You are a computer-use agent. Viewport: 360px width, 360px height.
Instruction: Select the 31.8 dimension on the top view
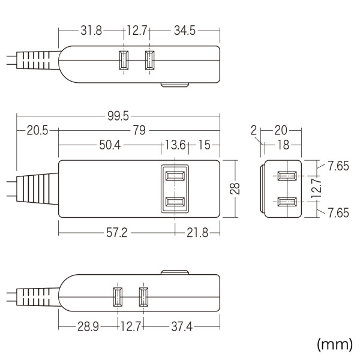point(91,29)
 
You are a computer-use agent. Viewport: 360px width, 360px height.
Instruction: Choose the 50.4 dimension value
point(109,145)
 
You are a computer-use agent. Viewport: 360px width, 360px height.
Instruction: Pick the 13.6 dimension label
point(174,145)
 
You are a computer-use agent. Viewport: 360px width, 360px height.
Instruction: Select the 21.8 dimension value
point(196,232)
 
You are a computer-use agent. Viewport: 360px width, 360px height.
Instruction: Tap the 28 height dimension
point(235,188)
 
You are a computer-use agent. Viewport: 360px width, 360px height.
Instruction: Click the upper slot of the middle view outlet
point(175,176)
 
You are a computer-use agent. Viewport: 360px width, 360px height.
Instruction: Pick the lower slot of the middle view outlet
point(175,202)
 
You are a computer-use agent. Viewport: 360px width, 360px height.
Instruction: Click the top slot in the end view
point(286,176)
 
